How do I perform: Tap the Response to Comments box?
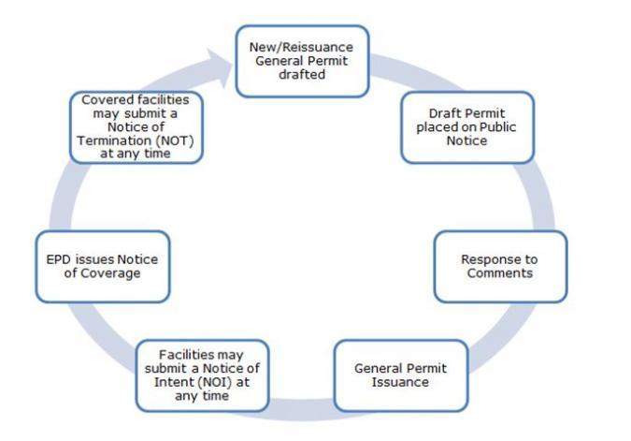(x=500, y=266)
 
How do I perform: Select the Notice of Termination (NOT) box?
(x=137, y=126)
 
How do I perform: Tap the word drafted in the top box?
(x=301, y=75)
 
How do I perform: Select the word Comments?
(x=500, y=273)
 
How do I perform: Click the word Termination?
(x=110, y=140)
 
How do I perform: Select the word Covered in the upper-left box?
(x=104, y=100)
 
